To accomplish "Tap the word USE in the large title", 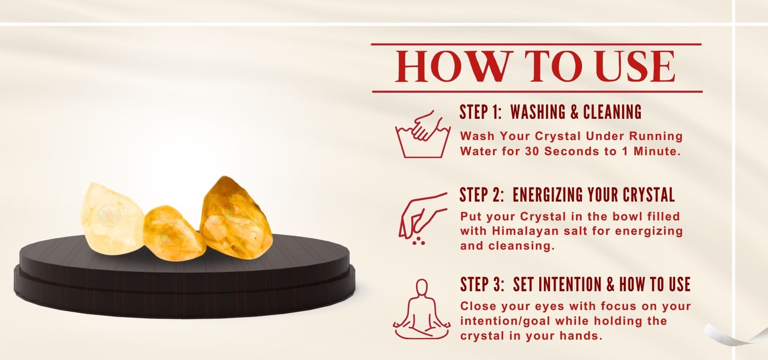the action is (635, 66).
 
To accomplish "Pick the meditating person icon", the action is (422, 309).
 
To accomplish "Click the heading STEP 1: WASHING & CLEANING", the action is (550, 112).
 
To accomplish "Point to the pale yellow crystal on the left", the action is (112, 218).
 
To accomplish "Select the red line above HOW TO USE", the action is (536, 44).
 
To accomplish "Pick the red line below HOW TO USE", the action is (537, 92).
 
